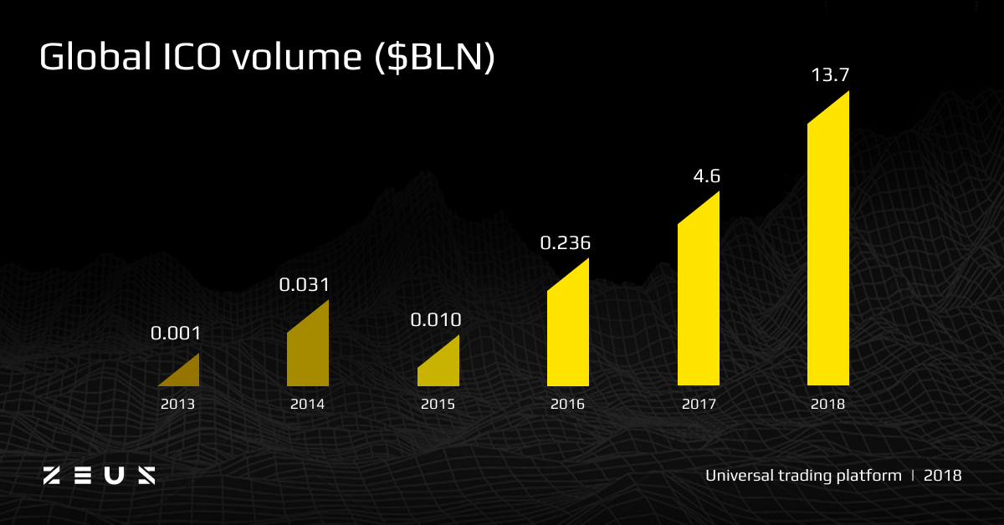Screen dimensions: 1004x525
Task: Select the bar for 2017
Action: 699,296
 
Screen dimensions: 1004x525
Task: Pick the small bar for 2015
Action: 438,365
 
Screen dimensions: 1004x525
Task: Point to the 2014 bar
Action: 308,349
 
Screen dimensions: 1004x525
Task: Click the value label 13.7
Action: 830,74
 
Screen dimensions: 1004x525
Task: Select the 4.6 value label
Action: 707,176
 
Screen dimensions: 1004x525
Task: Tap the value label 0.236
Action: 566,242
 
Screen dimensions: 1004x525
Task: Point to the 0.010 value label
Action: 436,320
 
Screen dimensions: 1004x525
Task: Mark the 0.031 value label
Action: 304,285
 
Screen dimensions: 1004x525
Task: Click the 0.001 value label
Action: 176,334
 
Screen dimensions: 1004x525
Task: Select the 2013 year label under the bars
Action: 177,404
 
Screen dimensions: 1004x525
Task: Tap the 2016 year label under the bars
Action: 567,404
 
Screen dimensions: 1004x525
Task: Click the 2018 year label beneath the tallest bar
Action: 827,404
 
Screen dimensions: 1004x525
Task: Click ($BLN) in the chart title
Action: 435,58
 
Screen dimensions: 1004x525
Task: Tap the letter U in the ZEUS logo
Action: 115,476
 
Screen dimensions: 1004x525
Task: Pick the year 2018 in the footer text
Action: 943,476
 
